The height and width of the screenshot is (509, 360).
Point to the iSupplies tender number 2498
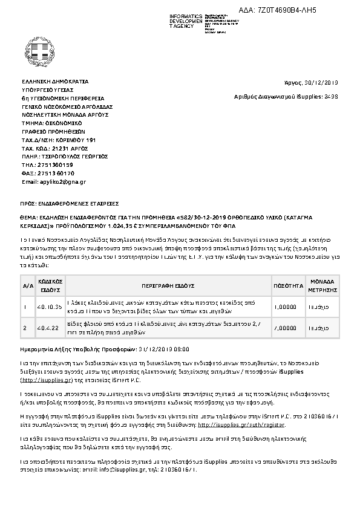point(331,96)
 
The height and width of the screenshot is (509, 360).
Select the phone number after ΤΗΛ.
point(56,164)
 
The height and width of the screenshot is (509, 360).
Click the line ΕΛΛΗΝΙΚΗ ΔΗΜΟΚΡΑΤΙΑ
point(55,81)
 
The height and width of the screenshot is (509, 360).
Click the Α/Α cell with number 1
point(25,306)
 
